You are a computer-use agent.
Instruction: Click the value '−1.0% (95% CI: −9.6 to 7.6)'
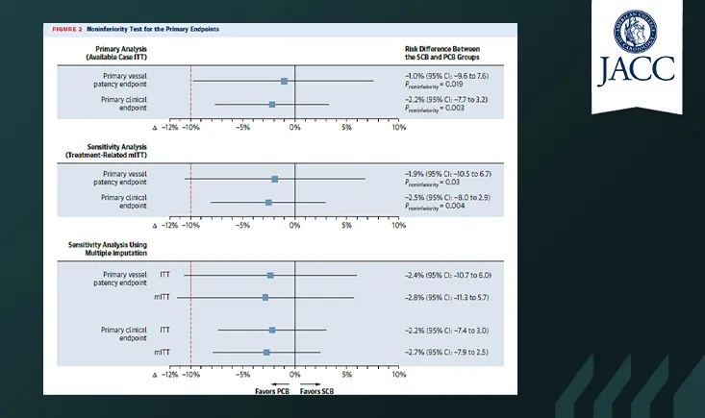447,76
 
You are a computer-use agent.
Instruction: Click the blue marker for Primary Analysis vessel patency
284,82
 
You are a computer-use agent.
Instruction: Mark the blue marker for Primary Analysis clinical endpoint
272,105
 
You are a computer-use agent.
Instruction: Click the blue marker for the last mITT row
266,353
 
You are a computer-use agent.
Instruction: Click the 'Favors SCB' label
316,391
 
